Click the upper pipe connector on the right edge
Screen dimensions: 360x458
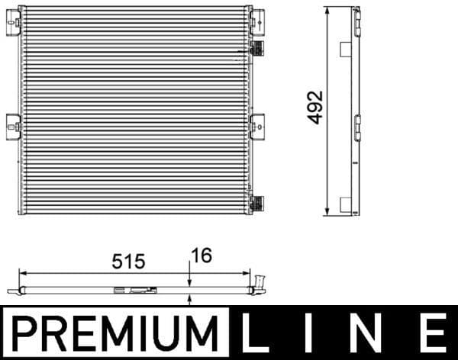pos(258,47)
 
